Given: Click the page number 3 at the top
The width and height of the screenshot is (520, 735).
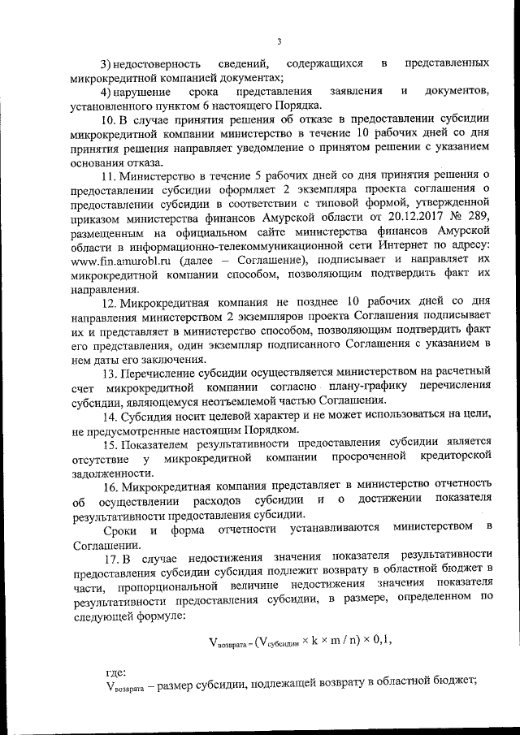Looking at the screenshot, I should point(278,42).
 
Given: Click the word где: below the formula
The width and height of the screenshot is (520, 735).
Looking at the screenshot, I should point(115,672).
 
